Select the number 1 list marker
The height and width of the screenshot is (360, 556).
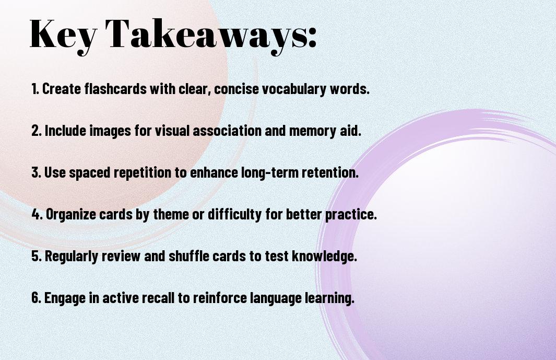(35, 89)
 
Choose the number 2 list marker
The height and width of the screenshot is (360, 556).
(36, 131)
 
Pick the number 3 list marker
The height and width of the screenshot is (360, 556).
(36, 172)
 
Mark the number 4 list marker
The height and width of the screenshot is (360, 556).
(36, 214)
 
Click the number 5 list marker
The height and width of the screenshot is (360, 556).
(36, 256)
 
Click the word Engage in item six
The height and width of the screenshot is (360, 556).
(63, 298)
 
